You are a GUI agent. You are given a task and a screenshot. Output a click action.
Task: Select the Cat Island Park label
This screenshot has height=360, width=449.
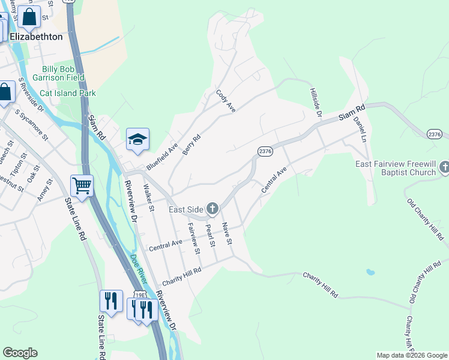click(x=68, y=93)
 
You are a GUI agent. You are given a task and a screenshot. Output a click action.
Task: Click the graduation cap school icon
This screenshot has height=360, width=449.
click(x=137, y=139)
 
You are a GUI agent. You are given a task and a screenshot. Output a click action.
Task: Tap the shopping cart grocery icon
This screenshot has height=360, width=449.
click(x=82, y=185)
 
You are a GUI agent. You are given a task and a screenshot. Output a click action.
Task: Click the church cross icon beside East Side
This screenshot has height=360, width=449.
click(x=212, y=209)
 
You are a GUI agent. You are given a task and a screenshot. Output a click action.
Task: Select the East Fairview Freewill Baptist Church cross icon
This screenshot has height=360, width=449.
click(x=444, y=167)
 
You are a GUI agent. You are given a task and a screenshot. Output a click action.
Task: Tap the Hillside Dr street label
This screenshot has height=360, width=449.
click(x=316, y=103)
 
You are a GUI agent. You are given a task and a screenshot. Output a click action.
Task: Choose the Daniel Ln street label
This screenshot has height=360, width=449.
click(x=360, y=128)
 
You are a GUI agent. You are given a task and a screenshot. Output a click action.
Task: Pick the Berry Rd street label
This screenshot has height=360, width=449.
click(x=191, y=145)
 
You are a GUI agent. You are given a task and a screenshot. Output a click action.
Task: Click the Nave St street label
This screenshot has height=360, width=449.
click(x=226, y=233)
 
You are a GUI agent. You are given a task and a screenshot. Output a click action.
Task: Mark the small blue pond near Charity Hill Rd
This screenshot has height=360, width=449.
click(x=370, y=272)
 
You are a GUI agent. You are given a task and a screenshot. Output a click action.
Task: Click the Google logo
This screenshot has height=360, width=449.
click(x=20, y=353)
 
